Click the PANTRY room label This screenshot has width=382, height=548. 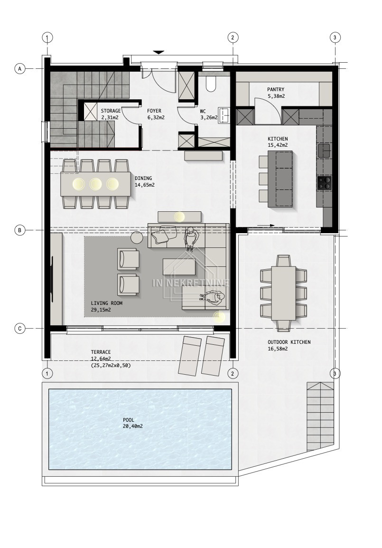(x=276, y=89)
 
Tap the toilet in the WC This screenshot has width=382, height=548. (x=211, y=84)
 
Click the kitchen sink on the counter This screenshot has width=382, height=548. (x=325, y=151)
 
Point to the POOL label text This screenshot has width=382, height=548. (x=129, y=420)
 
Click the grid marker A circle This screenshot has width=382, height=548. (x=20, y=69)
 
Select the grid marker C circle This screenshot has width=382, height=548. (x=20, y=329)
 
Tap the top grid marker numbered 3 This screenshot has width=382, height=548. (x=335, y=38)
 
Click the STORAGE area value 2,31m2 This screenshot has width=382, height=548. (x=110, y=118)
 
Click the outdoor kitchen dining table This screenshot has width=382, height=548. (x=283, y=293)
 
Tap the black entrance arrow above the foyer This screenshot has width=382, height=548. (x=158, y=52)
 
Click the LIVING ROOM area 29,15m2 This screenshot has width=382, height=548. (x=101, y=310)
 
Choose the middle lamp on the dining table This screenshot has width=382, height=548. (x=95, y=184)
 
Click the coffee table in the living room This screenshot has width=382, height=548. (x=179, y=267)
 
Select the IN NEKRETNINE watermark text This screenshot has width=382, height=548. (x=191, y=283)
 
